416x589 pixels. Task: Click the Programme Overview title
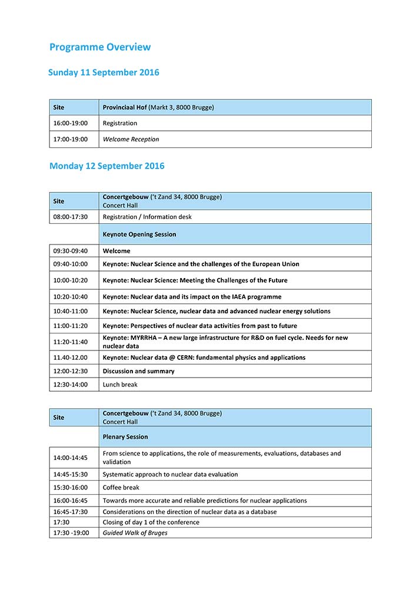point(100,47)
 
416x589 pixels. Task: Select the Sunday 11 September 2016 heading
point(104,73)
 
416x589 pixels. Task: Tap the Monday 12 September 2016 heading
point(107,166)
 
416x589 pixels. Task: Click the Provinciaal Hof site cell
point(158,107)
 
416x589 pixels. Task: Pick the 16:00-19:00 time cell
point(70,123)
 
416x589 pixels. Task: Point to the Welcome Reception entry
point(131,140)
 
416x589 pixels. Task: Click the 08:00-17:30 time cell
point(70,217)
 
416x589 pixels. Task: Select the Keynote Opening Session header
point(139,234)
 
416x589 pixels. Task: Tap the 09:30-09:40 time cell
point(70,251)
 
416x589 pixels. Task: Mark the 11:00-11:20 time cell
point(70,326)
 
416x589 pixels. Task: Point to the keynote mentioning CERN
point(204,358)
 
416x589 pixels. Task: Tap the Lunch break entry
point(120,385)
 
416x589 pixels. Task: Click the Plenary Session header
point(125,437)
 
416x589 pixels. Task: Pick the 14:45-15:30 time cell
point(70,474)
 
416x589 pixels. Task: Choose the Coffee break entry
point(121,488)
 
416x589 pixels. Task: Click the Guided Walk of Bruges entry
point(135,533)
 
